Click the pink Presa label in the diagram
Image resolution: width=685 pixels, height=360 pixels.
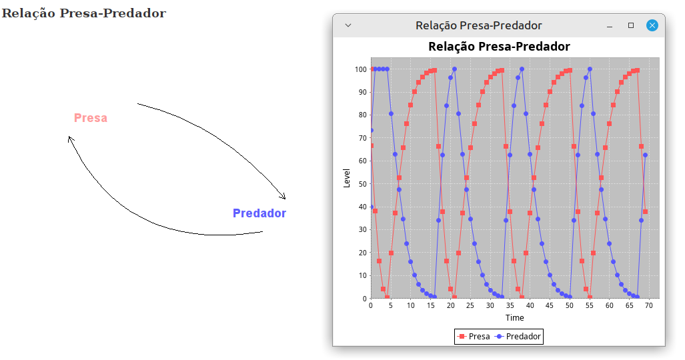click(91, 118)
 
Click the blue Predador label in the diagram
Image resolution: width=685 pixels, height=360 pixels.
click(259, 213)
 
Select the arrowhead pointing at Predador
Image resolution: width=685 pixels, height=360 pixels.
click(283, 196)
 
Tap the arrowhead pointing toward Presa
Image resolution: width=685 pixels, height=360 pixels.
click(71, 139)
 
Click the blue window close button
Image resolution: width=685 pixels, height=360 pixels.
click(652, 25)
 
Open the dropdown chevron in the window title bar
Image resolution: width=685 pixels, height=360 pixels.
click(348, 25)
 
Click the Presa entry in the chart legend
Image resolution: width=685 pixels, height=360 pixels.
click(474, 337)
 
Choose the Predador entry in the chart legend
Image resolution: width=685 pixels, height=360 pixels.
click(518, 337)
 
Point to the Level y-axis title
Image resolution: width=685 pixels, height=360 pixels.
click(347, 178)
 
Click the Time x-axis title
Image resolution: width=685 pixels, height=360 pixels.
click(515, 317)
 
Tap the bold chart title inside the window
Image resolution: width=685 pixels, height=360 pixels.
click(499, 46)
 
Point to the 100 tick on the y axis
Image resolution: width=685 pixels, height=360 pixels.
click(360, 69)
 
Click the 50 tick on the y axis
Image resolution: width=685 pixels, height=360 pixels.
click(363, 184)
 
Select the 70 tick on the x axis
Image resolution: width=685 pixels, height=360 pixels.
click(649, 305)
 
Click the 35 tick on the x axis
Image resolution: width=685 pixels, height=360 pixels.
click(510, 305)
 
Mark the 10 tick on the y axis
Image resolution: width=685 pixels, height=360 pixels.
click(363, 276)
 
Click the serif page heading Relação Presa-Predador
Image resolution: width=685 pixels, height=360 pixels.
click(84, 13)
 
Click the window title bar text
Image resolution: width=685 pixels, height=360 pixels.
click(479, 25)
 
